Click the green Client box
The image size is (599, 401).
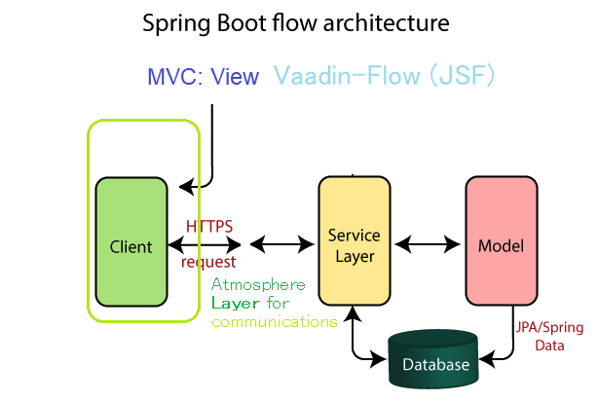coord(131,241)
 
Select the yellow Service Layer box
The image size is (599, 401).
coord(355,240)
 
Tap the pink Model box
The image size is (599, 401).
coord(502,240)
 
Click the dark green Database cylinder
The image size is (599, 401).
coord(433,359)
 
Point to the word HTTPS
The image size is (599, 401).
coord(209,227)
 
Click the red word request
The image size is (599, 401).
coord(208,262)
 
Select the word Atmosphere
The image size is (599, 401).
coord(259,284)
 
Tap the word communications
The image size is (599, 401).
coord(275,322)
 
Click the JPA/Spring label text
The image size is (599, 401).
coord(549,328)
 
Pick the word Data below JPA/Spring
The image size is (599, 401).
coord(549,346)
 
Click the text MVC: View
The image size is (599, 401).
coord(204,76)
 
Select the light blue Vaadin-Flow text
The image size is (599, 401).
coord(347,75)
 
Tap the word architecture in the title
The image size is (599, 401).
coord(387,23)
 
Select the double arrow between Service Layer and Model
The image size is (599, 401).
coord(428,244)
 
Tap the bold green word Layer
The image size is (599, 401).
coord(231,304)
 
